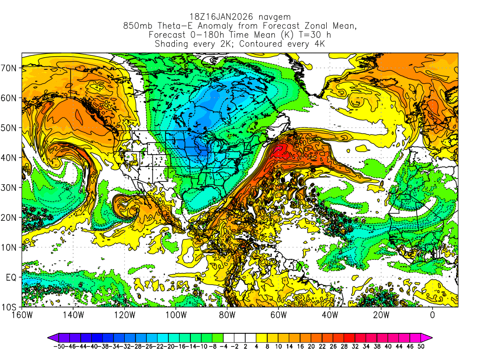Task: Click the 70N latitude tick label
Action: point(10,67)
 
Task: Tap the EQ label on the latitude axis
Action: point(11,277)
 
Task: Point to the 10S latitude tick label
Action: point(10,307)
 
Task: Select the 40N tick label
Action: point(10,157)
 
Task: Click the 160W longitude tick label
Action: point(22,315)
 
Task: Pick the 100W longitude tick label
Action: point(176,315)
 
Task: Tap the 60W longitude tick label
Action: point(278,315)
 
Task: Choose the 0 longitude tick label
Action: point(433,315)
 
